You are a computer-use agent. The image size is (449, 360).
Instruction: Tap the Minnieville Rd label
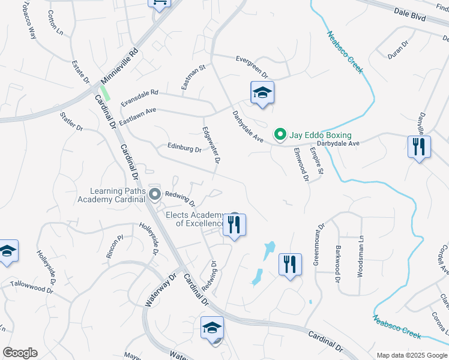[120, 66]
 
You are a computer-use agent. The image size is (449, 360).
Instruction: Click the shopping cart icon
[159, 3]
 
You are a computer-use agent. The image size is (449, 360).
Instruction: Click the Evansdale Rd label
[139, 98]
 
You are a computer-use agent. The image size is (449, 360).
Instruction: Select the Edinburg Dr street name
[184, 148]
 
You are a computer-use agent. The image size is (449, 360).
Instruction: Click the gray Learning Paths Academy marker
[155, 194]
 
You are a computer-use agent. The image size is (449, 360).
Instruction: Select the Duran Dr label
[397, 49]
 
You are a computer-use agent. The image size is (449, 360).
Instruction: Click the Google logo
[20, 353]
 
